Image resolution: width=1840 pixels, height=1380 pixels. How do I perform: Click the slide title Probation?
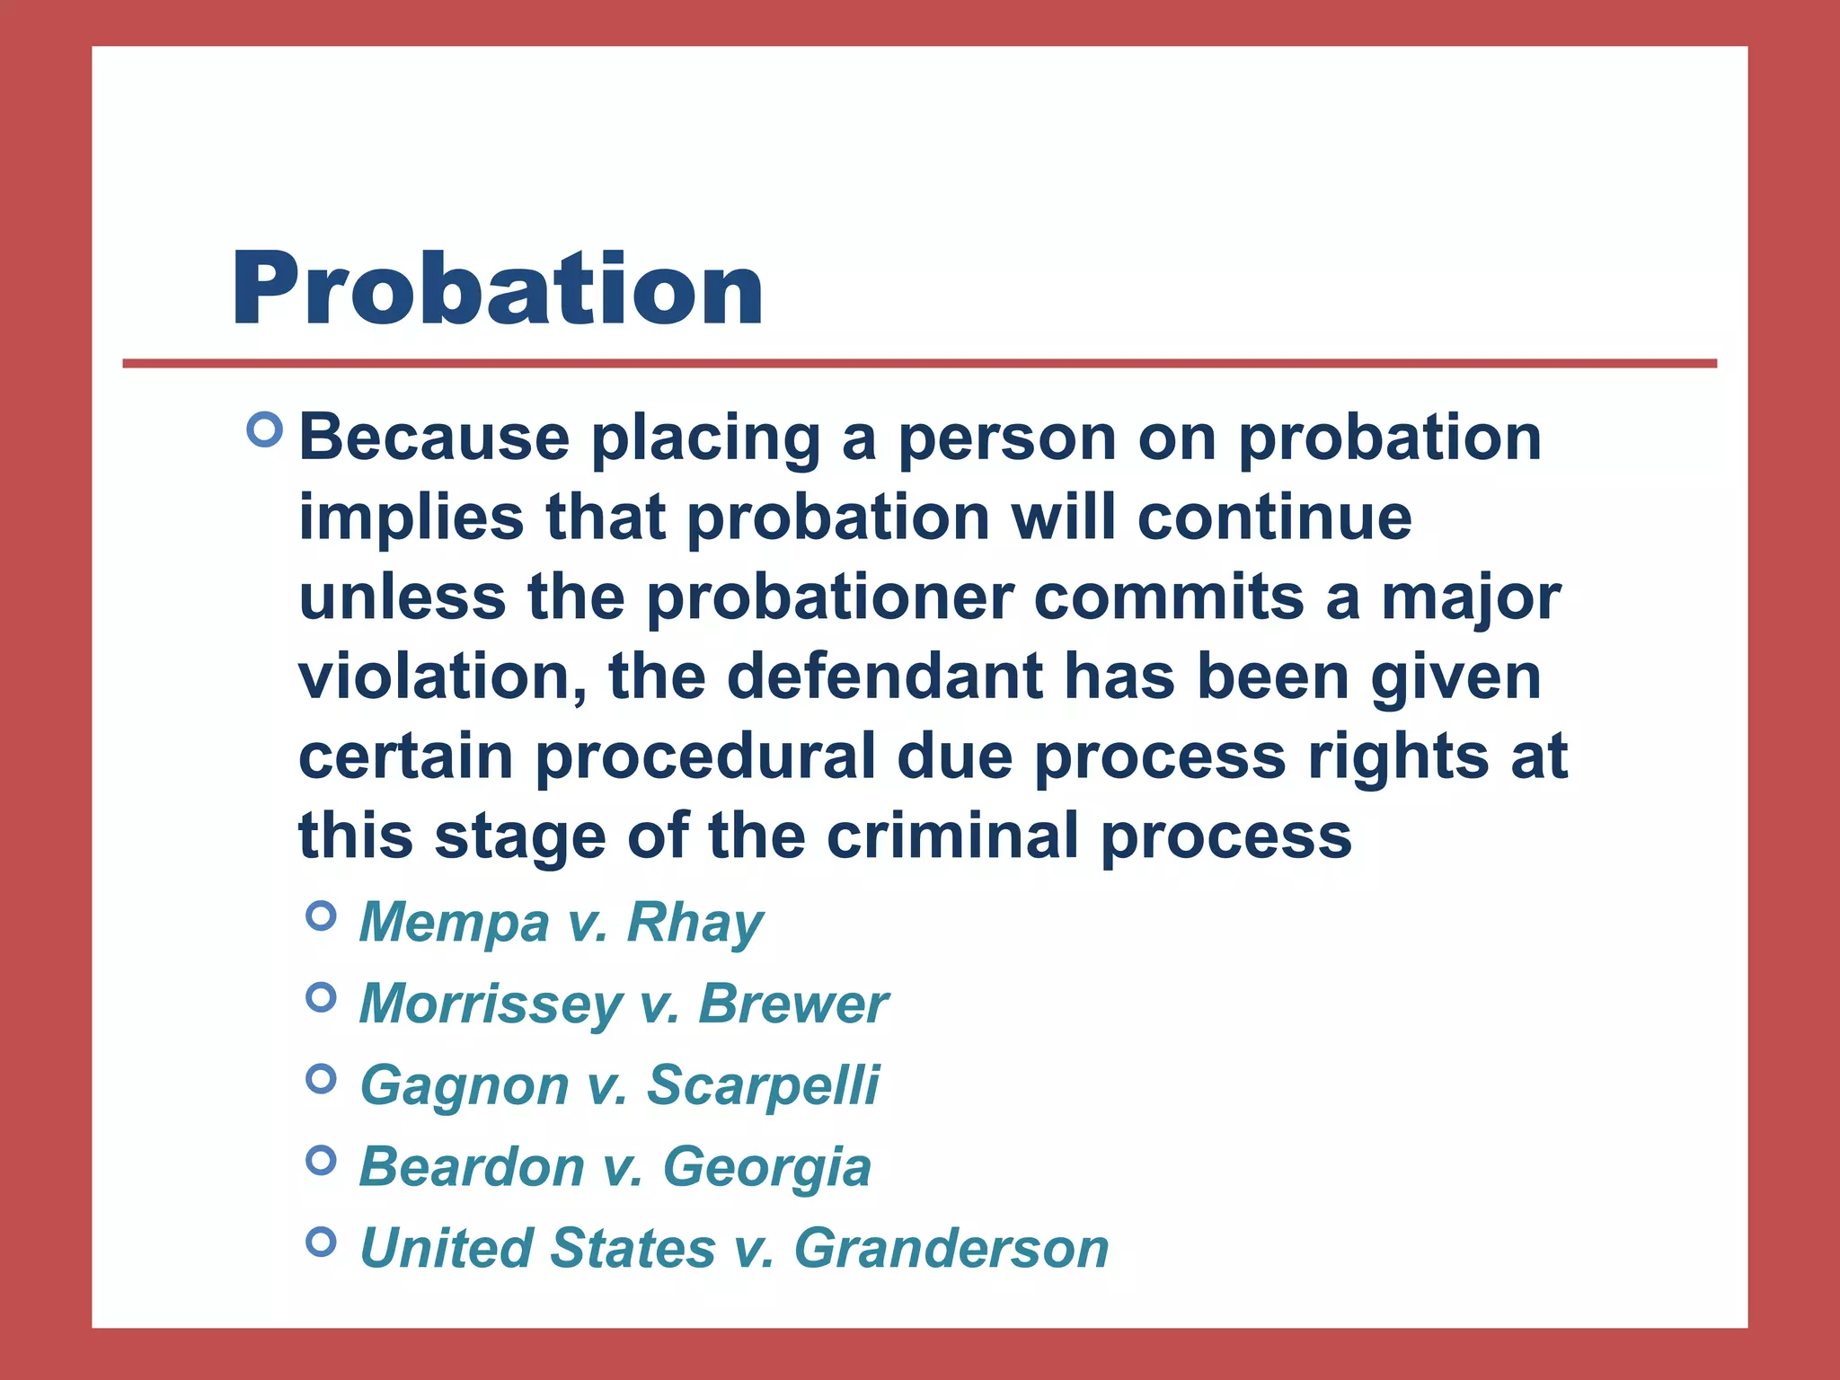click(498, 288)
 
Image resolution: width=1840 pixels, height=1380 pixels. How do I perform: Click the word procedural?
click(706, 756)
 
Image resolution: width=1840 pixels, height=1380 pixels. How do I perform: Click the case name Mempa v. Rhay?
click(562, 922)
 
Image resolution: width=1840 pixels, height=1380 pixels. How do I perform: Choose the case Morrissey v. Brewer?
click(624, 1003)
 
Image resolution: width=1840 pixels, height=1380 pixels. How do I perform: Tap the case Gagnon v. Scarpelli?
click(620, 1084)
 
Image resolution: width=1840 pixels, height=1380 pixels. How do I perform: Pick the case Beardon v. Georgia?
click(615, 1166)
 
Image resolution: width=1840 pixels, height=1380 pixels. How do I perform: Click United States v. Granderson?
click(734, 1248)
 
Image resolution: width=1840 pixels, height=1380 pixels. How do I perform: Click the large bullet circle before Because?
click(264, 429)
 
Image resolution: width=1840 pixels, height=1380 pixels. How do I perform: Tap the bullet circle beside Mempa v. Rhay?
click(321, 916)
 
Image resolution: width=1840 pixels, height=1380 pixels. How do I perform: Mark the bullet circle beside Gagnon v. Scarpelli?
click(321, 1078)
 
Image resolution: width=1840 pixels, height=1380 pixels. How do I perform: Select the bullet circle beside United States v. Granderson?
click(321, 1242)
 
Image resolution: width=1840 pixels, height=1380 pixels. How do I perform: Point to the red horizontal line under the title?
click(919, 363)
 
